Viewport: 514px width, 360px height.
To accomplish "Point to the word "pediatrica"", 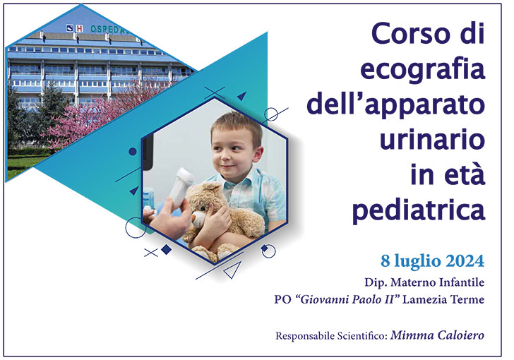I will [419, 209].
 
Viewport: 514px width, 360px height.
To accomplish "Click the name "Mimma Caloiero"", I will [438, 335].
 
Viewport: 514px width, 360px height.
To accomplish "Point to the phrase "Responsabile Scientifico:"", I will [332, 335].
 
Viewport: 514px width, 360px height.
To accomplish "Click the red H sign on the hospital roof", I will [80, 28].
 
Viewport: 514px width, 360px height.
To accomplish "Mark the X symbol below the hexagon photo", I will [150, 252].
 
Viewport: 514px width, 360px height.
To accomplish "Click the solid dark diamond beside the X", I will [167, 249].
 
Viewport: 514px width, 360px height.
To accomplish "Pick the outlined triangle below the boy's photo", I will [231, 270].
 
